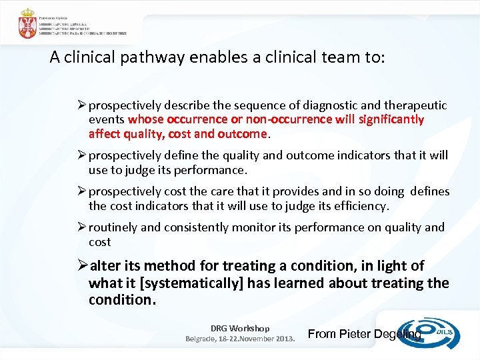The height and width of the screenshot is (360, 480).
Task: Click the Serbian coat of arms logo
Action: click(27, 23)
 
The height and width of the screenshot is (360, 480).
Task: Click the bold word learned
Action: click(301, 283)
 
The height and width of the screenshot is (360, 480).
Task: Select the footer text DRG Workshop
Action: click(240, 328)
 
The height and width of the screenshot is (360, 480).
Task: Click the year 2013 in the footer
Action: click(282, 339)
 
